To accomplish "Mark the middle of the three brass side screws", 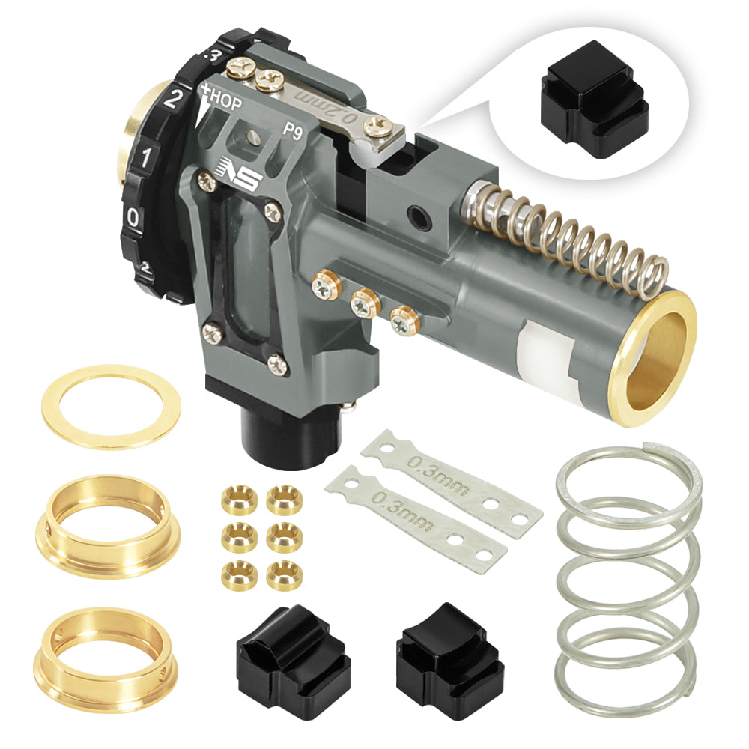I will (x=364, y=304).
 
